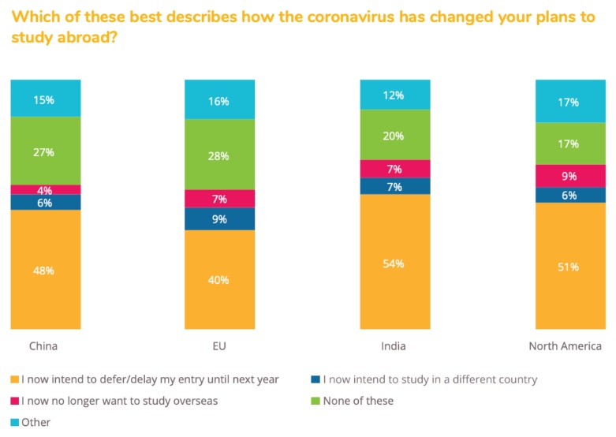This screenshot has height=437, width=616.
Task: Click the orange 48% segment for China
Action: tap(45, 270)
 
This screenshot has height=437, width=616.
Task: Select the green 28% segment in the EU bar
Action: tap(220, 155)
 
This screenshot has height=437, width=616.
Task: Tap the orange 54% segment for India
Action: tap(394, 263)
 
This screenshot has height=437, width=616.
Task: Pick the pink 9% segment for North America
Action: tap(569, 176)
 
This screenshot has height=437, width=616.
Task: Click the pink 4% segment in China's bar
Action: tap(45, 189)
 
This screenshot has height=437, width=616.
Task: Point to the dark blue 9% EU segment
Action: tap(220, 218)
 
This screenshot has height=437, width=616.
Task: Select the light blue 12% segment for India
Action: tap(394, 95)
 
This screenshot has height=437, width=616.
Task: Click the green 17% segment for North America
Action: tap(569, 144)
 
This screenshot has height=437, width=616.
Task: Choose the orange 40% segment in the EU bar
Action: tap(220, 279)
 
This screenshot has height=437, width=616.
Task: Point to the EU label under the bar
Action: tap(219, 345)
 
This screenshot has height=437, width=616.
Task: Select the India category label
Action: tap(394, 345)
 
